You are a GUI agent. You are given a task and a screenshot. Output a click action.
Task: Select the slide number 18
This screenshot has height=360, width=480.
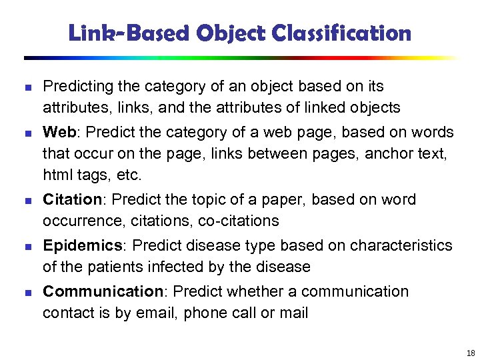click(x=471, y=353)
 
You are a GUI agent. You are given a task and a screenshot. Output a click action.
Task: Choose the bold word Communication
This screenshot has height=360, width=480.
click(x=103, y=291)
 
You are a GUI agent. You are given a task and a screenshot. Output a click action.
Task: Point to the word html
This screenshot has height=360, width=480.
click(x=55, y=175)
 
